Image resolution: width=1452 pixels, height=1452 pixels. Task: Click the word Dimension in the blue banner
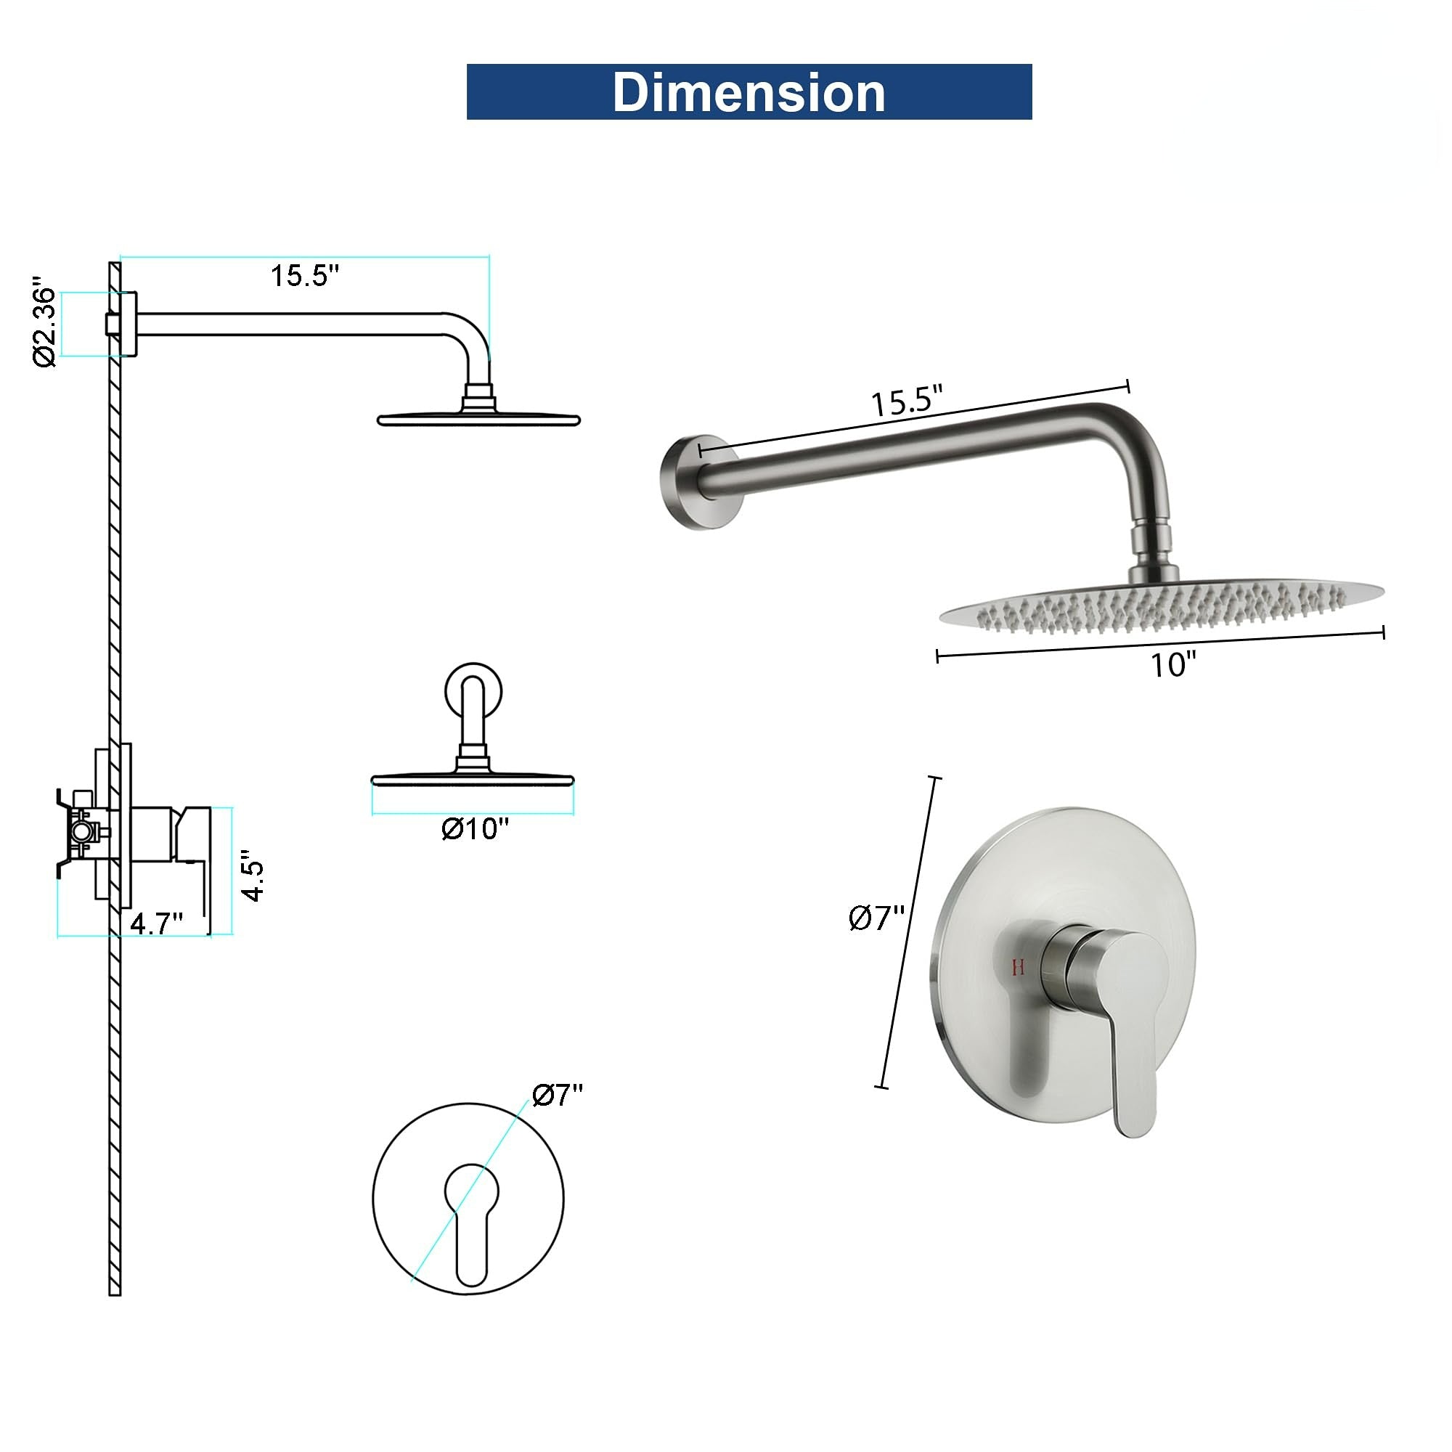click(749, 92)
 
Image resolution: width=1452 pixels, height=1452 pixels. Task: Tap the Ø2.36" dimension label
click(45, 325)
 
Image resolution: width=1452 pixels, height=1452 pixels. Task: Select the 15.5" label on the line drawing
click(305, 276)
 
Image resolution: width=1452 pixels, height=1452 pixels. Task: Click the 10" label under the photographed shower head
click(1174, 664)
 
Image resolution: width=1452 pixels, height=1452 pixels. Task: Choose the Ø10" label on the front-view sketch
click(475, 829)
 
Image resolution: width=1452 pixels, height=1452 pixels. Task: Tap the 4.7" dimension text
click(157, 922)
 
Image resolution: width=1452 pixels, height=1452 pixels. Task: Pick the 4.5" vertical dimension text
click(253, 876)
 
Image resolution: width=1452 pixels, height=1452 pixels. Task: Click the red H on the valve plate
click(1019, 967)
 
